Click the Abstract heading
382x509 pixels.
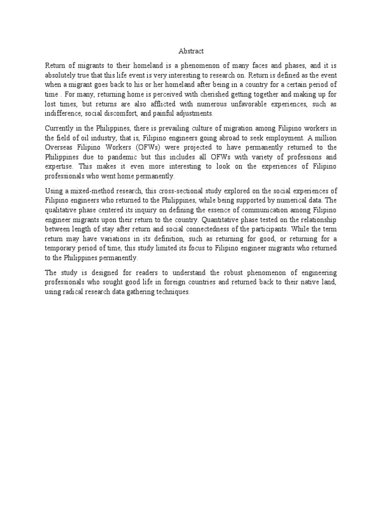(191, 51)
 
